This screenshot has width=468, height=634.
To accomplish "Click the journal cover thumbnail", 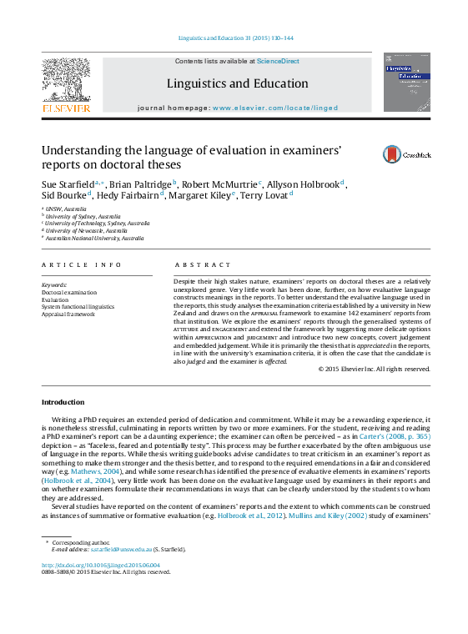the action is point(406,83).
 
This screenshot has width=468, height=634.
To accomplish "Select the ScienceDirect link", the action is point(279,61).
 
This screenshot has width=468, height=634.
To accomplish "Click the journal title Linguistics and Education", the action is point(237,83).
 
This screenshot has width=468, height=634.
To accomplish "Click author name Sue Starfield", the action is point(68,185).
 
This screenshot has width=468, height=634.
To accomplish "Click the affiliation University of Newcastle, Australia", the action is point(82,230).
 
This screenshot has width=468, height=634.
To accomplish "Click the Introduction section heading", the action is point(63,402).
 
